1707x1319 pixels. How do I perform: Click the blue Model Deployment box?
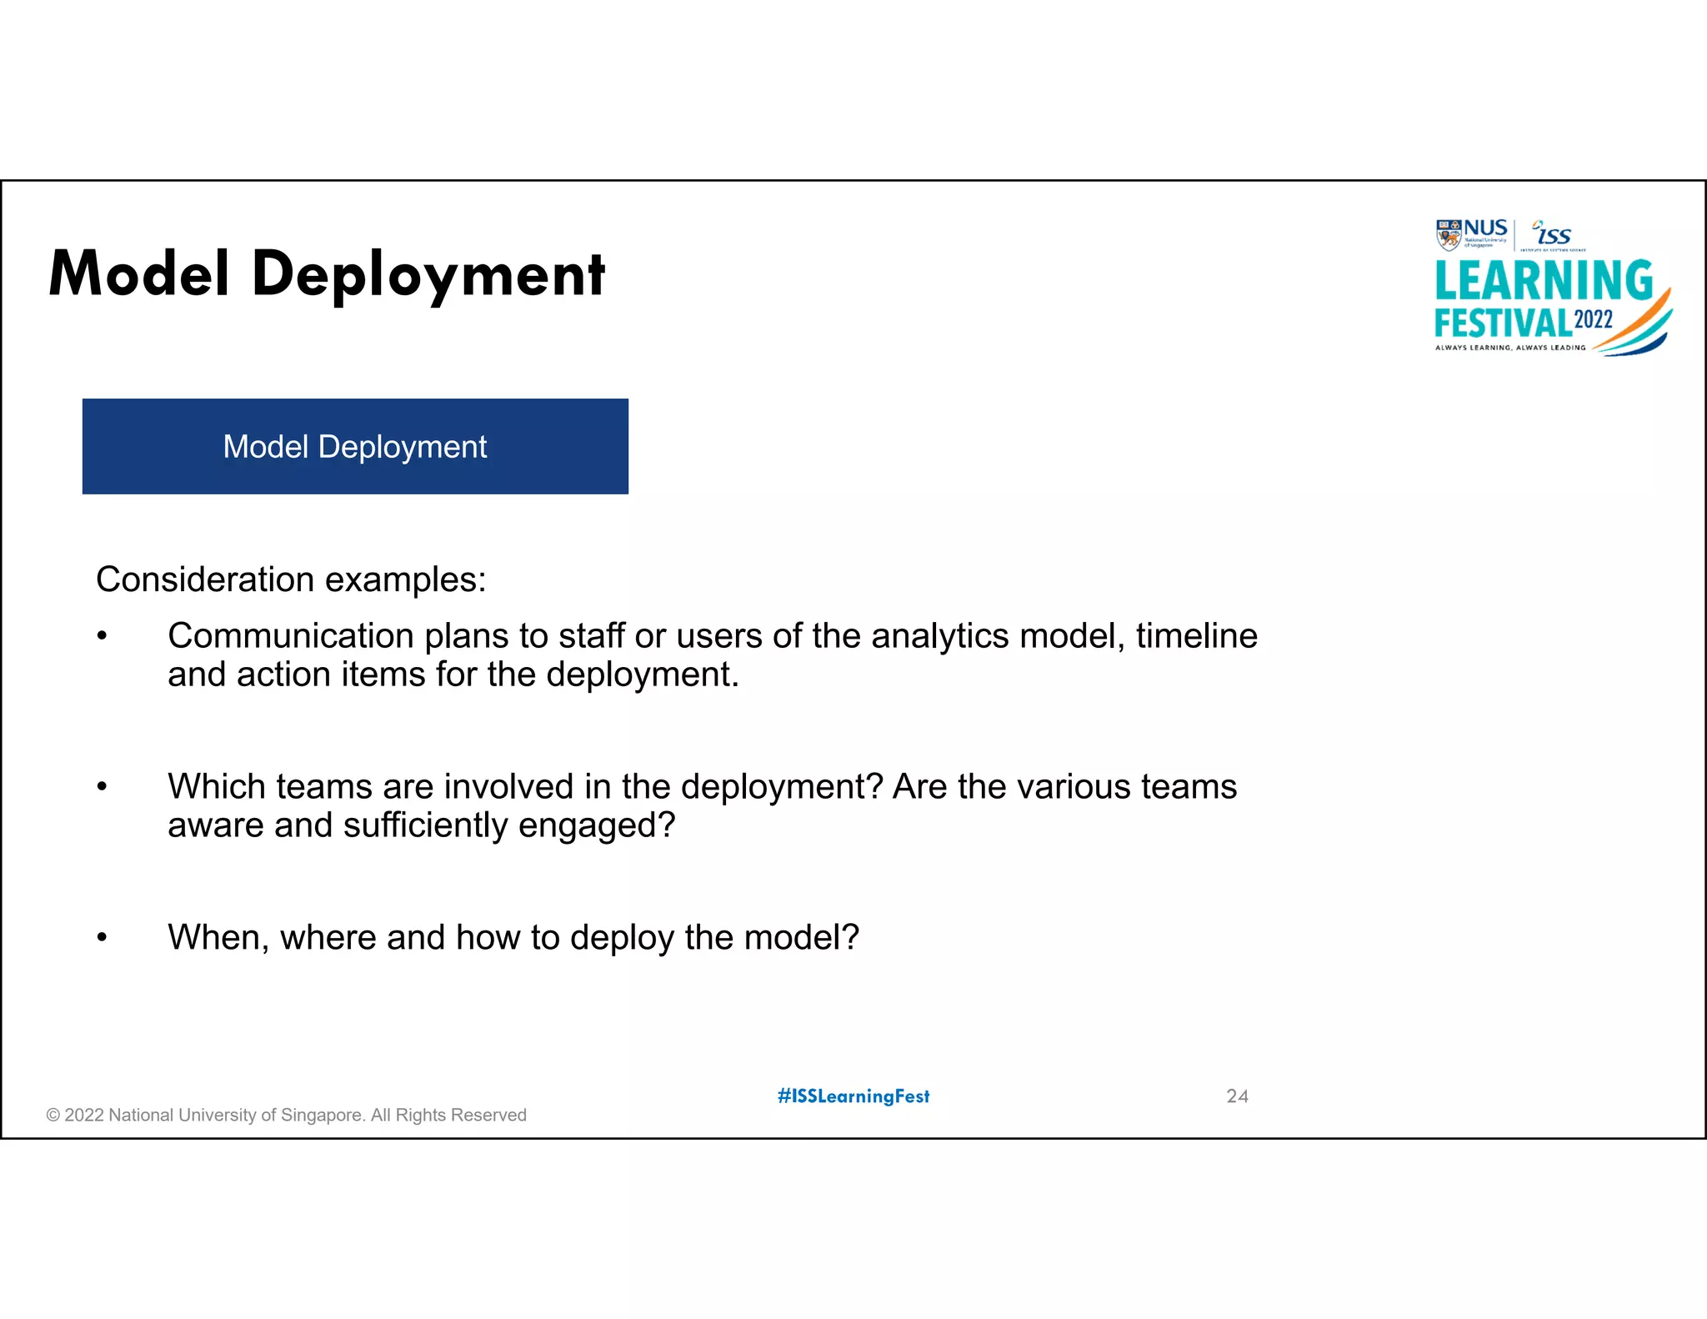tap(355, 446)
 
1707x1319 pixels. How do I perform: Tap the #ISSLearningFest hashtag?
tap(853, 1096)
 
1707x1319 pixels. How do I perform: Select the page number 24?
tap(1237, 1096)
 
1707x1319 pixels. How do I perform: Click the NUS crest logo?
tap(1449, 234)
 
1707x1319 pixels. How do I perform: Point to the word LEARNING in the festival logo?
tap(1544, 280)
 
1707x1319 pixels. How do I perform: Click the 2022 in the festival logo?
tap(1593, 320)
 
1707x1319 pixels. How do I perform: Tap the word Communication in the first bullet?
tap(290, 636)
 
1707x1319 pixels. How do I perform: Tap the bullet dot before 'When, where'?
tap(102, 938)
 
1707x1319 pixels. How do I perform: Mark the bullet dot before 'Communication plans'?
tap(102, 637)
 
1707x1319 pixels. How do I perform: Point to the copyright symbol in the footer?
tap(53, 1116)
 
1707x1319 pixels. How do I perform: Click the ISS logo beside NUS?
tap(1553, 234)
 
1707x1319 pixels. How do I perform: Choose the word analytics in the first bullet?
tap(940, 636)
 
